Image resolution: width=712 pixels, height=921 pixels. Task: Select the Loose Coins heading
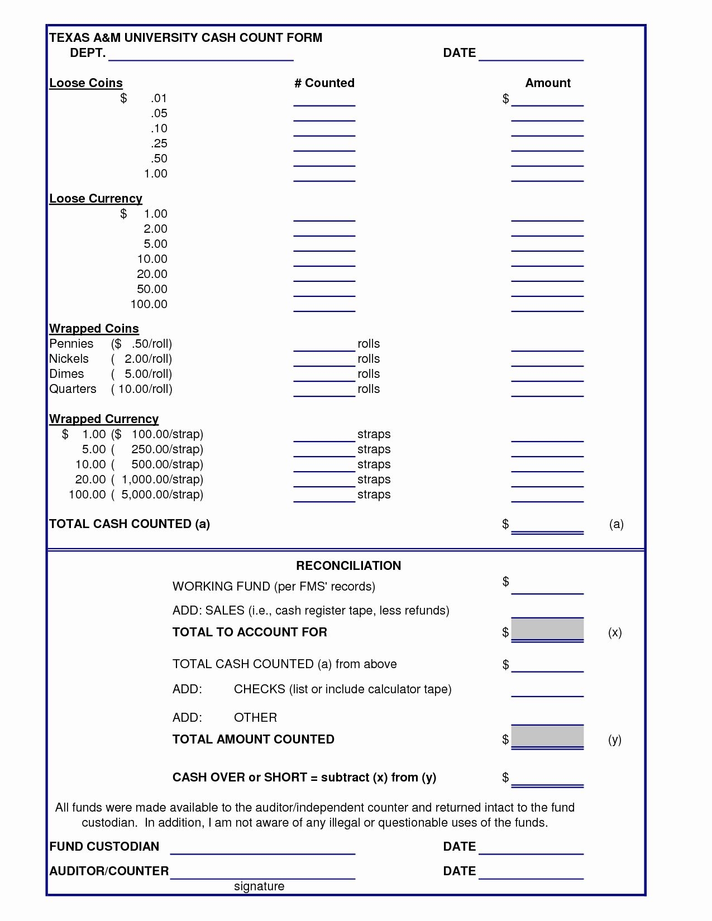click(86, 83)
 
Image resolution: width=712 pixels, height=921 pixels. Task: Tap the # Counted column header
click(324, 83)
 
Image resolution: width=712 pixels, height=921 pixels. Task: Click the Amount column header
click(548, 83)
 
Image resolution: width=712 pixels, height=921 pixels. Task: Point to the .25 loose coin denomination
click(159, 143)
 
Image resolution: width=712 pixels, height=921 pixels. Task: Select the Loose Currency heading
click(95, 199)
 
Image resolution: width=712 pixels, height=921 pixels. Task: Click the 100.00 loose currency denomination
click(149, 304)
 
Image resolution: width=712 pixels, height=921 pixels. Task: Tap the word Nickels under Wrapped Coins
click(69, 359)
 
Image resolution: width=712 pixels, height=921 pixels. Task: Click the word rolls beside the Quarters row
click(369, 389)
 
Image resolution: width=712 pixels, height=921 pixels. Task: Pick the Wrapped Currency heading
click(104, 419)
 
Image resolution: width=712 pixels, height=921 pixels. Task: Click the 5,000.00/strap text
click(162, 495)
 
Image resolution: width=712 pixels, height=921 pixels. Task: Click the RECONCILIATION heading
click(348, 566)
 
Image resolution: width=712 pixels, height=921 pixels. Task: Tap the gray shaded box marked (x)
click(547, 630)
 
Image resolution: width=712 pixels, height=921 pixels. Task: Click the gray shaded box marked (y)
click(547, 737)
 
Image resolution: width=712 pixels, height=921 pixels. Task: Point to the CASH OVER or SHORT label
click(304, 778)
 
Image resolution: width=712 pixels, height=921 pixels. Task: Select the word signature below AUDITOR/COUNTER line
click(259, 886)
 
